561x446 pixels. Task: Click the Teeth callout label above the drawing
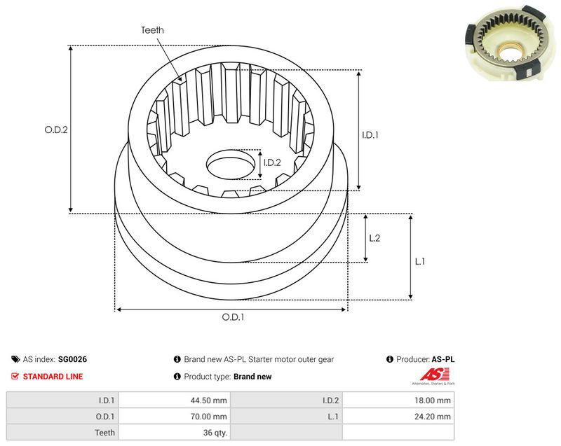[152, 30]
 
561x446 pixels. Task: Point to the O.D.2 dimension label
[56, 130]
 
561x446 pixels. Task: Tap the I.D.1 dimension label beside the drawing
[370, 135]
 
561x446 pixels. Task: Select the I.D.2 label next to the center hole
[272, 163]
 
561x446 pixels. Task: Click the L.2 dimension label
[374, 238]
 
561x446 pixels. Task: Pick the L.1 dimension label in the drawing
[419, 262]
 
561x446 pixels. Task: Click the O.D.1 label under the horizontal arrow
[233, 317]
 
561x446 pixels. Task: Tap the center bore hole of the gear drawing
[231, 165]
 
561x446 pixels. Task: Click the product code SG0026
[72, 359]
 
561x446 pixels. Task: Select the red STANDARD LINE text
[53, 377]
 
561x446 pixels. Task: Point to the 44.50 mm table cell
[208, 400]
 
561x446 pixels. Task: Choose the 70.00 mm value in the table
[208, 417]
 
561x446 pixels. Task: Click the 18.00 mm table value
[433, 400]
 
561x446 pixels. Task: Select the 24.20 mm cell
[433, 417]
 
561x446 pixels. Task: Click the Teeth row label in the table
[104, 433]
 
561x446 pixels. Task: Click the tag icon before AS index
[15, 359]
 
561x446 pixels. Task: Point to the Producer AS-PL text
[426, 359]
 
